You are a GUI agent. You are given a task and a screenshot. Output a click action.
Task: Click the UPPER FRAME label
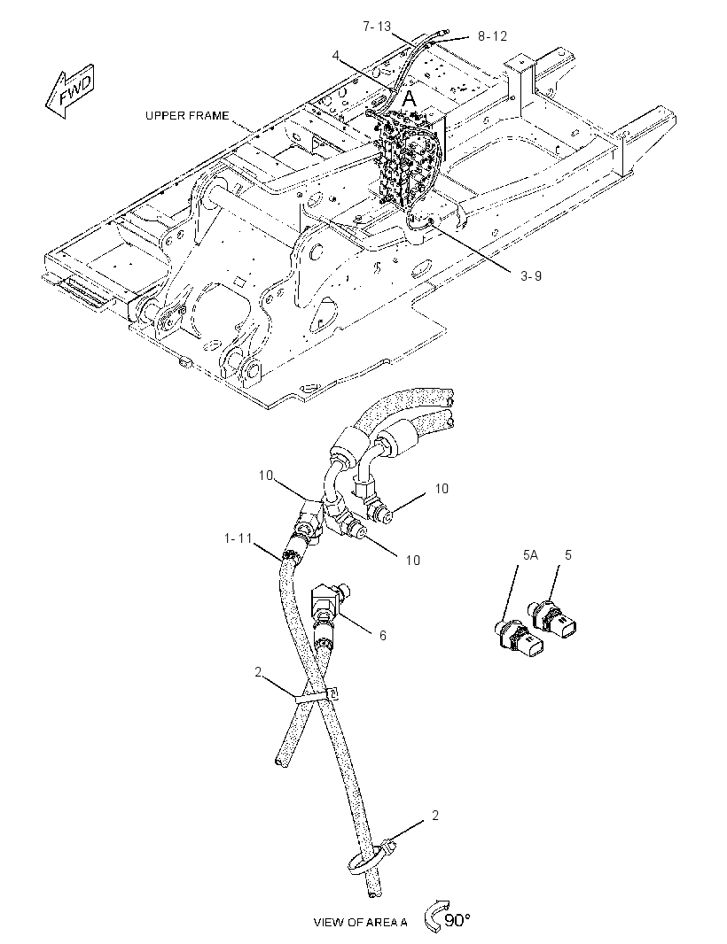[x=187, y=116]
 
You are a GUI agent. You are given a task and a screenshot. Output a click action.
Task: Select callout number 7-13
[x=377, y=27]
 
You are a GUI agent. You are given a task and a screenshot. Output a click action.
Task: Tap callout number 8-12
[x=493, y=36]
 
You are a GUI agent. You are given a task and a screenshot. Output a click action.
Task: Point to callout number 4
[x=336, y=56]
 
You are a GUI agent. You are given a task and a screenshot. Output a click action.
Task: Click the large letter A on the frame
[x=410, y=99]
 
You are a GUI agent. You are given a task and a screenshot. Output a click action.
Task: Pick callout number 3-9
[x=531, y=275]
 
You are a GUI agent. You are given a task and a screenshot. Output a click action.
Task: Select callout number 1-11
[x=238, y=538]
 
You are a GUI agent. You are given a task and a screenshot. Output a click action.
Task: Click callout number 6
[x=383, y=635]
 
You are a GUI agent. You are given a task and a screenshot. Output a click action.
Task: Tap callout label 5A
[x=530, y=555]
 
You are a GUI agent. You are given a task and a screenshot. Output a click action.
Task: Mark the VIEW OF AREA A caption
[x=361, y=922]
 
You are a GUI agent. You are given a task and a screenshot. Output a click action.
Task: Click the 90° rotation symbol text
[x=457, y=920]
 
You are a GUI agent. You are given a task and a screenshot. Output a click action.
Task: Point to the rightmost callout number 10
[x=442, y=488]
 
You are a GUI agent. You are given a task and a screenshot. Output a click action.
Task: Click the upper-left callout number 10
[x=267, y=475]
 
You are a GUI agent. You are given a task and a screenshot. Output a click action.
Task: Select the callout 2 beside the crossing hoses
[x=258, y=672]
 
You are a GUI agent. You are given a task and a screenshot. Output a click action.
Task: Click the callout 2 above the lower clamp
[x=435, y=816]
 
